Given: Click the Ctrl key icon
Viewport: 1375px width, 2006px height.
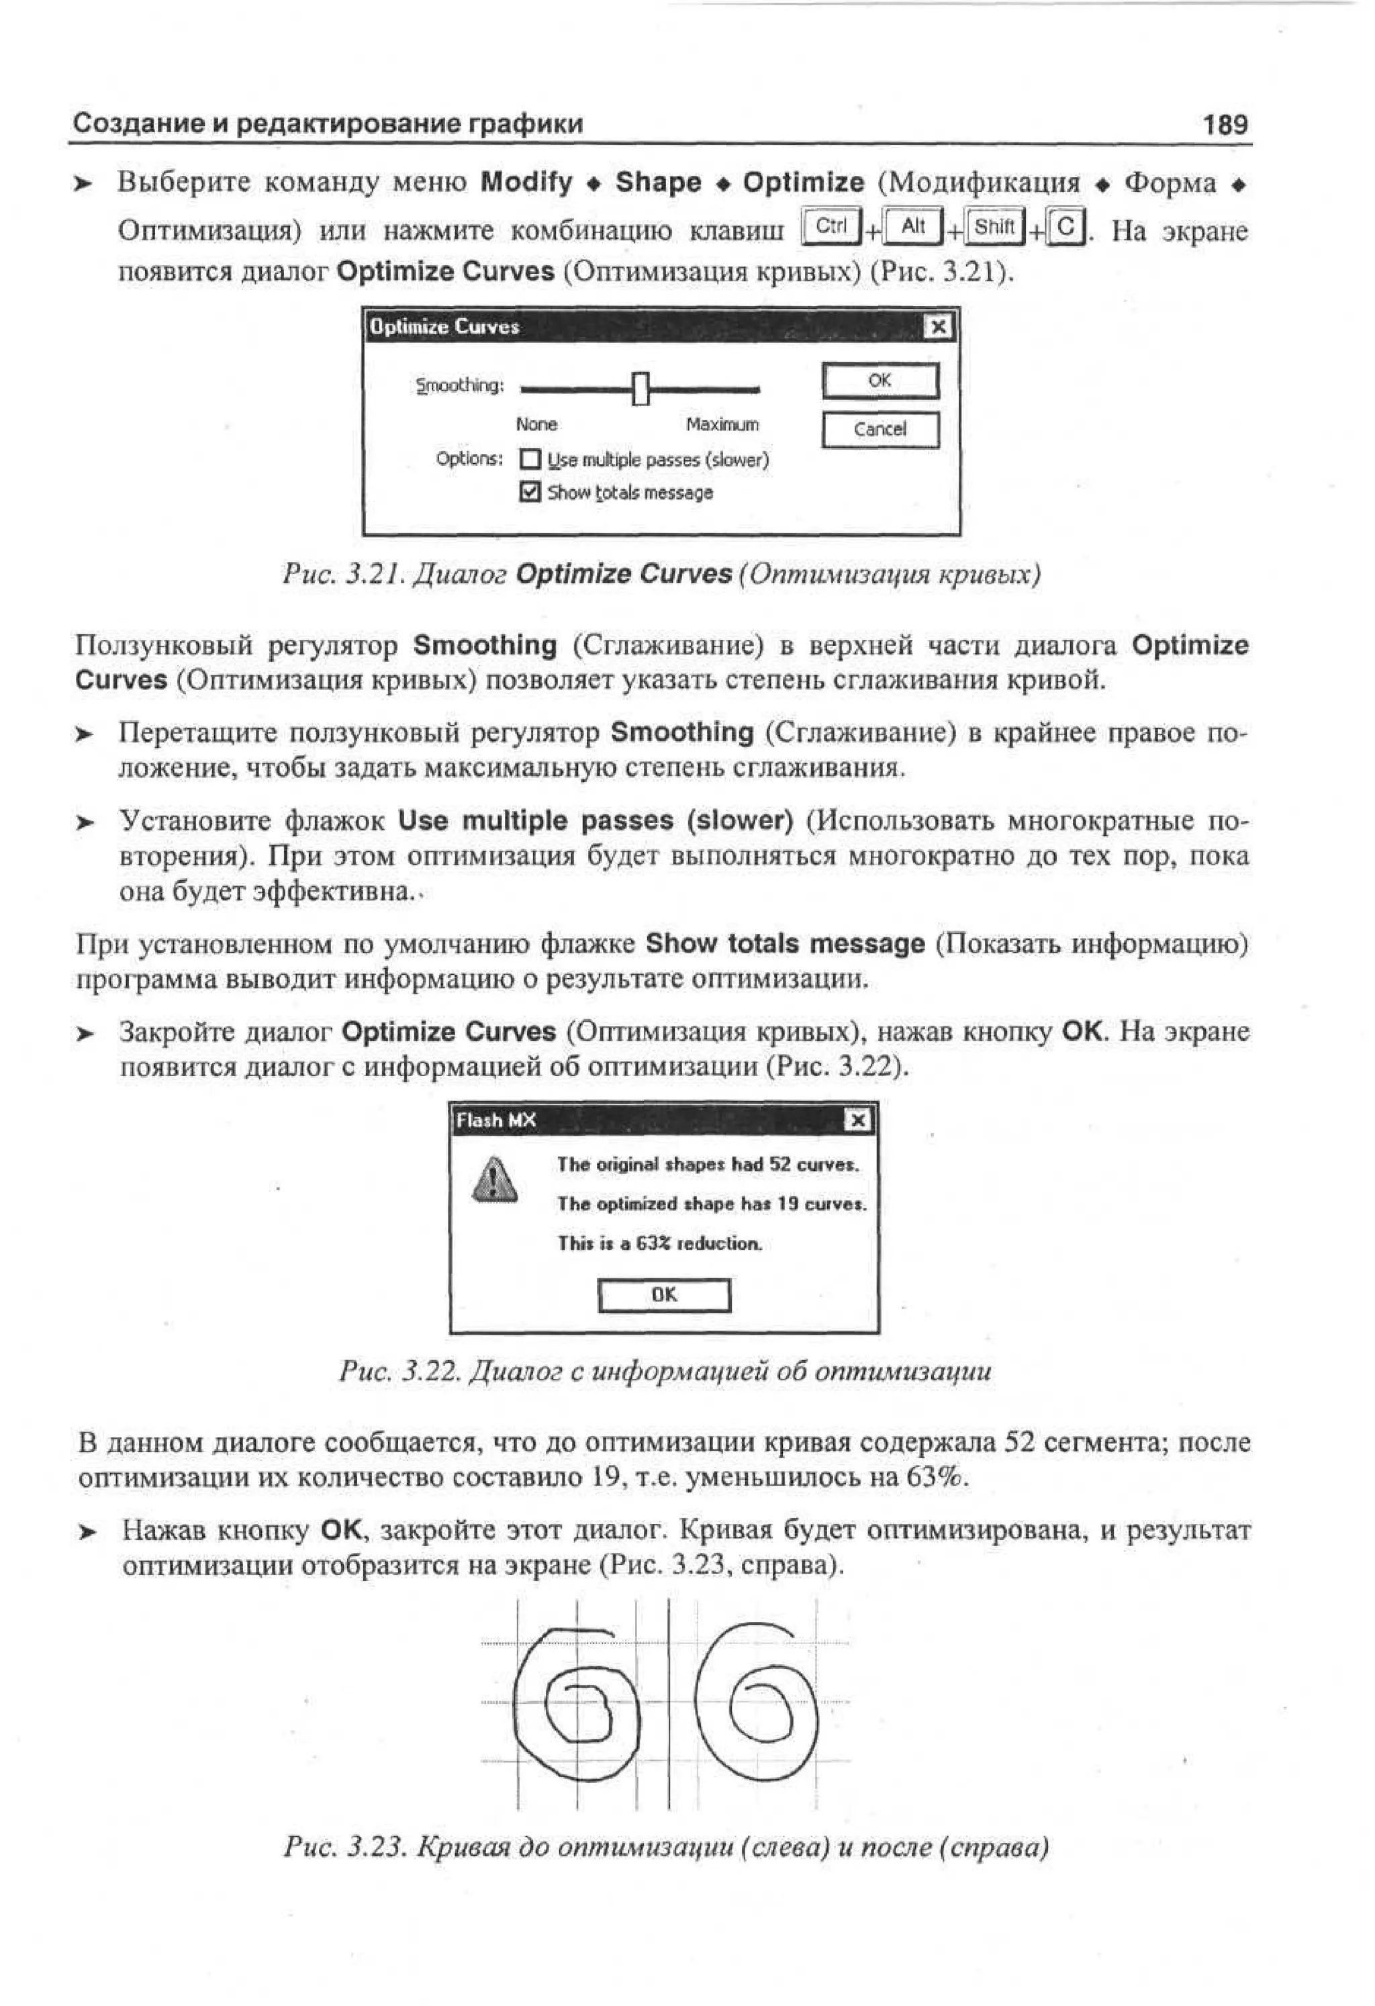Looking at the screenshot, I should (x=831, y=228).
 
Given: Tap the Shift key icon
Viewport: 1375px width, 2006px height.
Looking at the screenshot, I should (x=994, y=228).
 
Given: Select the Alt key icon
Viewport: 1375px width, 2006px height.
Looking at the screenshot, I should (x=914, y=228).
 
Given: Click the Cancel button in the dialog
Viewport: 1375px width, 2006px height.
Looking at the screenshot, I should (x=880, y=430).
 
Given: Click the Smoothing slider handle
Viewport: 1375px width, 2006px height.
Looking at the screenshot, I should (x=640, y=389).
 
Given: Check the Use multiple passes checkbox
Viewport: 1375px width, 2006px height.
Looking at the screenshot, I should (x=530, y=459).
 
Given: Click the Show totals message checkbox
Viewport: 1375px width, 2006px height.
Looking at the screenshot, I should (x=530, y=493).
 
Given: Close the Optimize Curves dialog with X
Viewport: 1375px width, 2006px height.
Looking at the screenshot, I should (x=938, y=327).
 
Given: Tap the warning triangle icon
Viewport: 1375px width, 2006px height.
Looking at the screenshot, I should (x=495, y=1180).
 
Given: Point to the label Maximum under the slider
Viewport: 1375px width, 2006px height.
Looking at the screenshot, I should (x=722, y=425).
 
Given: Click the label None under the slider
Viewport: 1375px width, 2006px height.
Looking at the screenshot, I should (x=536, y=425).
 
